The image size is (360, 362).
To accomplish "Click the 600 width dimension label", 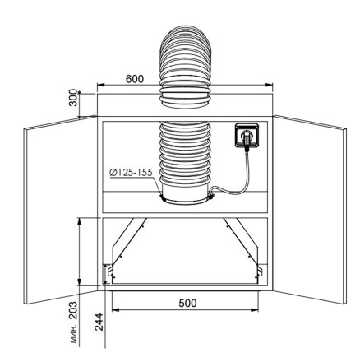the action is pos(135,79).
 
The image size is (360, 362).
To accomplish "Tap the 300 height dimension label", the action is pos(73,98).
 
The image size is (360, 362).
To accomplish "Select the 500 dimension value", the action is pos(187,303).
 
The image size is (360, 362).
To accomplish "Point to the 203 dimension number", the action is pos(73,310).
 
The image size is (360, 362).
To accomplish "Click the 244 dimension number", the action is pos(99,322).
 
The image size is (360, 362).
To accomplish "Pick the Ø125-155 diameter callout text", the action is pos(131,173).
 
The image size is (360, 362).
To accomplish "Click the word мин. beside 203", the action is pos(74,334).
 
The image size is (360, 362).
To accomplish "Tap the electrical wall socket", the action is pos(247,136).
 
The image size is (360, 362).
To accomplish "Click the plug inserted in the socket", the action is pos(247,137).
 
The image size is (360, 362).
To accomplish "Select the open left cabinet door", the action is pos(60,210).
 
